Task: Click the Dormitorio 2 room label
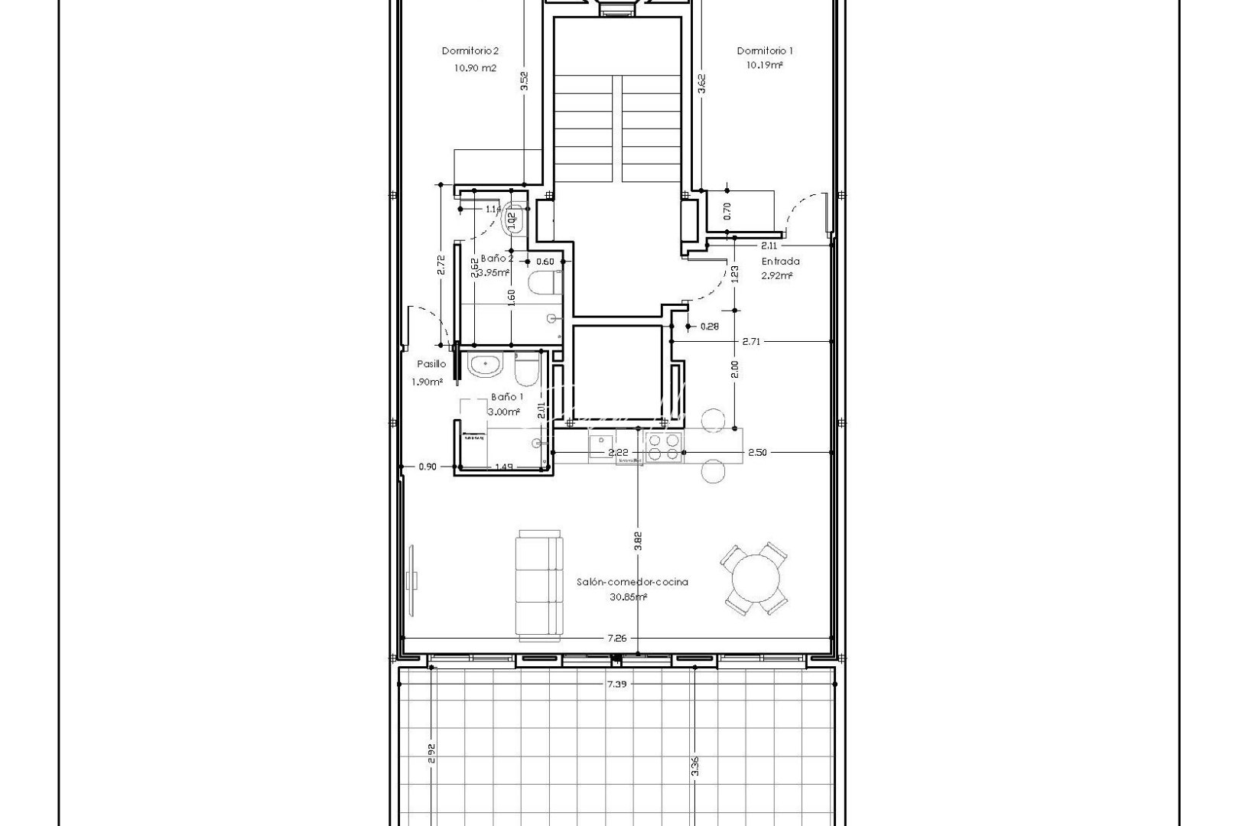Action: pos(470,51)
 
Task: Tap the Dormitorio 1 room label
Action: pos(764,50)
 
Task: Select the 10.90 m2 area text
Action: pos(474,67)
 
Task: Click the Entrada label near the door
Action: pos(779,262)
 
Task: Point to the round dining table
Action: pos(755,581)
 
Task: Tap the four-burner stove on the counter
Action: pos(664,447)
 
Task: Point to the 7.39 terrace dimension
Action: pos(616,685)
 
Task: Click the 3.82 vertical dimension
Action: pos(638,541)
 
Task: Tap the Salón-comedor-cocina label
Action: pos(632,582)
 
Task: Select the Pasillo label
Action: pos(431,365)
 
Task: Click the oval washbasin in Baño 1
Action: pos(485,366)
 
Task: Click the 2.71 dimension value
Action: pos(751,341)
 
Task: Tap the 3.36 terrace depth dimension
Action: pos(694,765)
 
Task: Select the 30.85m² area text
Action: pos(632,597)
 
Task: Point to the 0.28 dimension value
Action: pos(710,327)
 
